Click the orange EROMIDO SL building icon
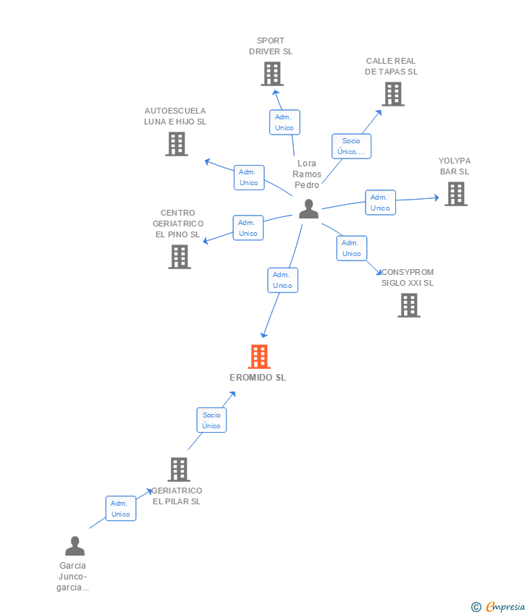click(x=259, y=357)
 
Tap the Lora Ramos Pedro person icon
click(x=309, y=208)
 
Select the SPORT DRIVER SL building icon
click(x=271, y=74)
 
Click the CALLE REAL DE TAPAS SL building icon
click(x=392, y=94)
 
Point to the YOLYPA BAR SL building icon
click(x=455, y=194)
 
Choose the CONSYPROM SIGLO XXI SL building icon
click(x=409, y=305)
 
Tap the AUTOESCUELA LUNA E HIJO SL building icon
click(x=177, y=144)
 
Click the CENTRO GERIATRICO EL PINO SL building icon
click(x=179, y=257)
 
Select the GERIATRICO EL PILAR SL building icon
click(x=178, y=470)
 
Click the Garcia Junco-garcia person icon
click(x=75, y=546)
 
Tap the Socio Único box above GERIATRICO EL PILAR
click(x=211, y=420)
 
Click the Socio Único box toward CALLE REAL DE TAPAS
click(x=351, y=146)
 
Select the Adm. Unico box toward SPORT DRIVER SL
click(x=284, y=122)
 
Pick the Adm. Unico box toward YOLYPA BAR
click(x=380, y=203)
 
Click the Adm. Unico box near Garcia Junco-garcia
click(x=120, y=509)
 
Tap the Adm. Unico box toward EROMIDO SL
click(x=282, y=280)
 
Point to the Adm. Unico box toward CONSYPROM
click(x=352, y=248)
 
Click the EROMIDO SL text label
click(x=258, y=378)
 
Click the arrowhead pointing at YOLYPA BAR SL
click(x=436, y=198)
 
